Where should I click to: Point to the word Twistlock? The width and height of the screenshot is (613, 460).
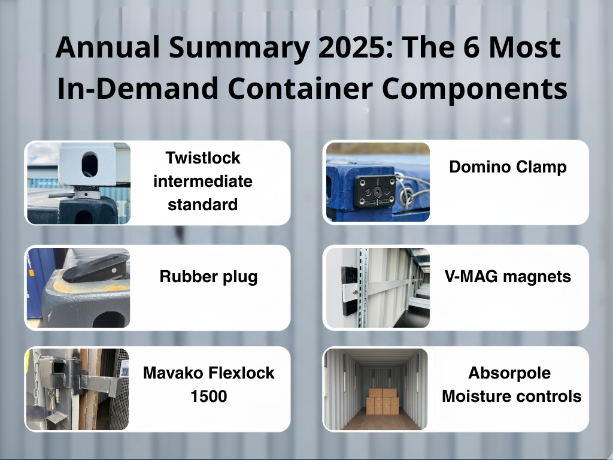202,158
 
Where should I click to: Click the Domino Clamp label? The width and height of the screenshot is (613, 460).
508,167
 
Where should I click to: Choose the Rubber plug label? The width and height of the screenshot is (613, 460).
208,277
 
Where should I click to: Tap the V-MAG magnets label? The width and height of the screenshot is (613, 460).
508,277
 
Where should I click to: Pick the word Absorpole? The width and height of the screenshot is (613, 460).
509,373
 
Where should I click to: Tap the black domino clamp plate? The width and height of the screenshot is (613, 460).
372,191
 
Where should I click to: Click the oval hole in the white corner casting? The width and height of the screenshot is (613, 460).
90,163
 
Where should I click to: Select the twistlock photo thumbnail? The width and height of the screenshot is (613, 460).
78,183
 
